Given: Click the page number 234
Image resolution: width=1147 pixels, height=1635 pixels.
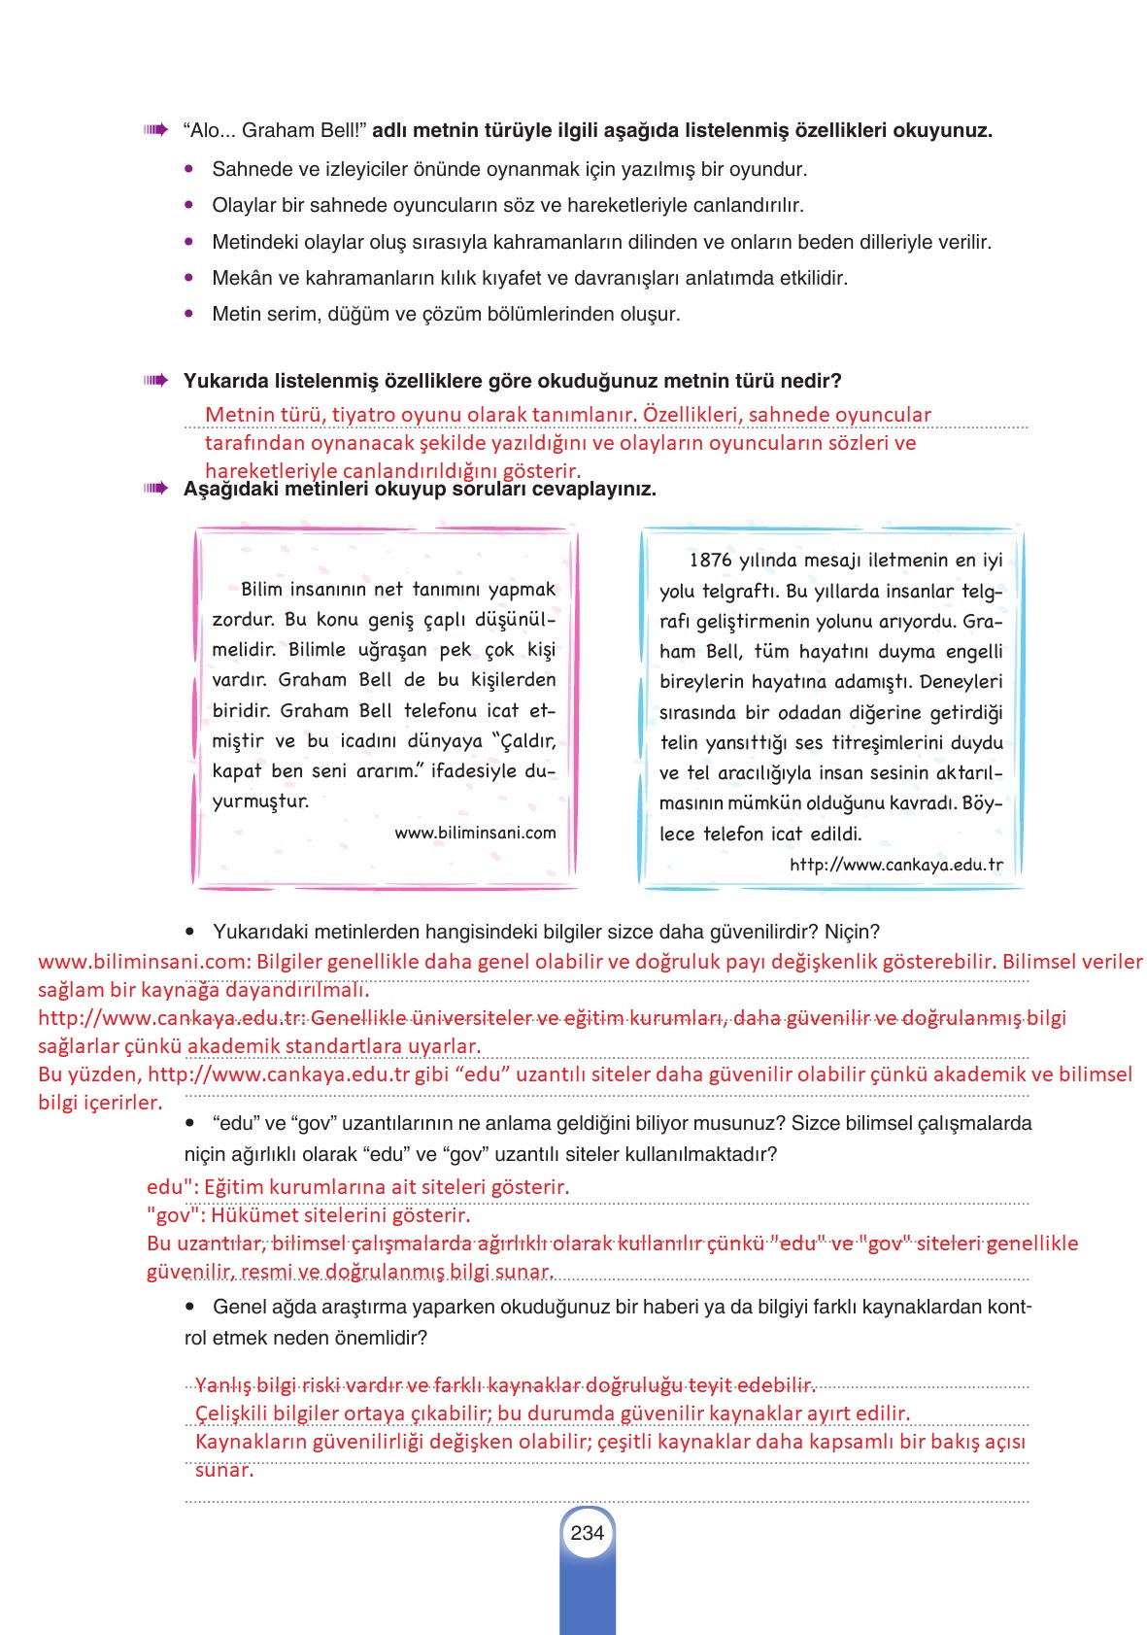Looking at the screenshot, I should [x=588, y=1532].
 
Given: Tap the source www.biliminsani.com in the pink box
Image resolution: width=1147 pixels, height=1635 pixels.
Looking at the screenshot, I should [x=475, y=833].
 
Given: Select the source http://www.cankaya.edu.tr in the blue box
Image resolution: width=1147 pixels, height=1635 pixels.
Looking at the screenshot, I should [x=895, y=864].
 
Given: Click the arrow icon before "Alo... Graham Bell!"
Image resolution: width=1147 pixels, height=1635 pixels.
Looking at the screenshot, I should [x=154, y=129].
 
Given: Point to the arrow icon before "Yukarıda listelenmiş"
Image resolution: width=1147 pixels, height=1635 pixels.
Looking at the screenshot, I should [x=154, y=380].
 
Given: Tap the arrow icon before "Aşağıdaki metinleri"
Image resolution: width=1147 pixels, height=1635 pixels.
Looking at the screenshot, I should [x=154, y=488].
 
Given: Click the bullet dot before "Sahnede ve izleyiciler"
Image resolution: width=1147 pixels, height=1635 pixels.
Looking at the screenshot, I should [x=189, y=169].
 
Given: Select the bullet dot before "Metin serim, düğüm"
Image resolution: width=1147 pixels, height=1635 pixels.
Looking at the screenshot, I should [x=189, y=314].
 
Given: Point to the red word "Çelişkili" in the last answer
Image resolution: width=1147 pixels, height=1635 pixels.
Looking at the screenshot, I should [x=236, y=1413].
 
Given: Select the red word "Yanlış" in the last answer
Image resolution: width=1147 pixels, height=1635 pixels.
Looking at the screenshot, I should [x=223, y=1384].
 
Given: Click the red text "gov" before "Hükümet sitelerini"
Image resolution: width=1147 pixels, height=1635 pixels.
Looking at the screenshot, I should [x=171, y=1215].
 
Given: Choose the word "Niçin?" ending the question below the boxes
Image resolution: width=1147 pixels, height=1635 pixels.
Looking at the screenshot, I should [x=852, y=932].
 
